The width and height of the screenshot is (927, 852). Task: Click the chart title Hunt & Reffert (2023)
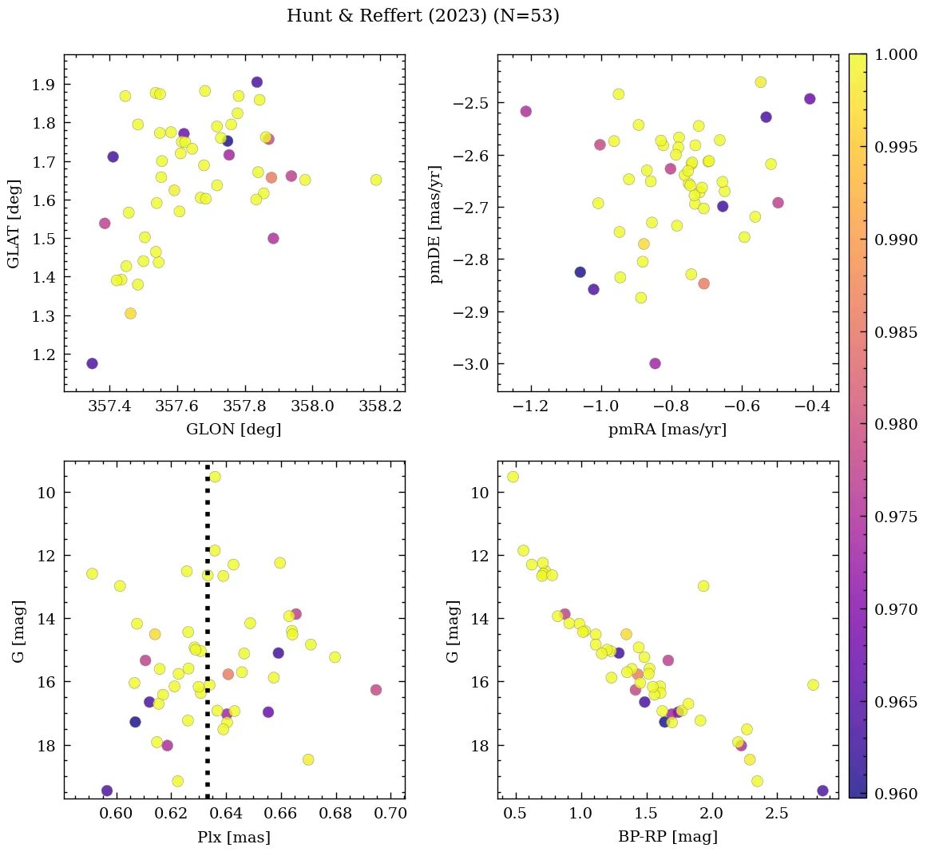422,16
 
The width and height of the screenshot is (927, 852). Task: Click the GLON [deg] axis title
233,430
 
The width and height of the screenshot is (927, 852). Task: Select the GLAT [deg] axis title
14,224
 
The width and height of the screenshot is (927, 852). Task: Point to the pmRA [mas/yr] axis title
667,430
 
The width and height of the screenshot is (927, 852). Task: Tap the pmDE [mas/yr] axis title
436,224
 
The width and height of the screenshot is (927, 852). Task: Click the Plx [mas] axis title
233,837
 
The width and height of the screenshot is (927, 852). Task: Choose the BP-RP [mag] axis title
667,837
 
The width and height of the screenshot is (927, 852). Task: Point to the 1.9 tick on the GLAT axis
44,85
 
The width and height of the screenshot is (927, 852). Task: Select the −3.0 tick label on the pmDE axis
472,364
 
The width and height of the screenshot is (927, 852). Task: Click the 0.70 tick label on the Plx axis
390,814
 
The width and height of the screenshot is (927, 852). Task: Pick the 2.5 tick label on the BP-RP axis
776,814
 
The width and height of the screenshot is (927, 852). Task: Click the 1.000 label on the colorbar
895,55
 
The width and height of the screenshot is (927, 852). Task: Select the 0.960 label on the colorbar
895,794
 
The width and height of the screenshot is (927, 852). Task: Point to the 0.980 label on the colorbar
895,424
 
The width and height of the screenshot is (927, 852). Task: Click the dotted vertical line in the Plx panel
208,639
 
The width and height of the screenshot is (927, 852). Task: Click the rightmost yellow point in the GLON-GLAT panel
376,180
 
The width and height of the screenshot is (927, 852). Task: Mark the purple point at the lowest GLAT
92,363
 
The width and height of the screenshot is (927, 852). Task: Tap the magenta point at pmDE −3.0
655,363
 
